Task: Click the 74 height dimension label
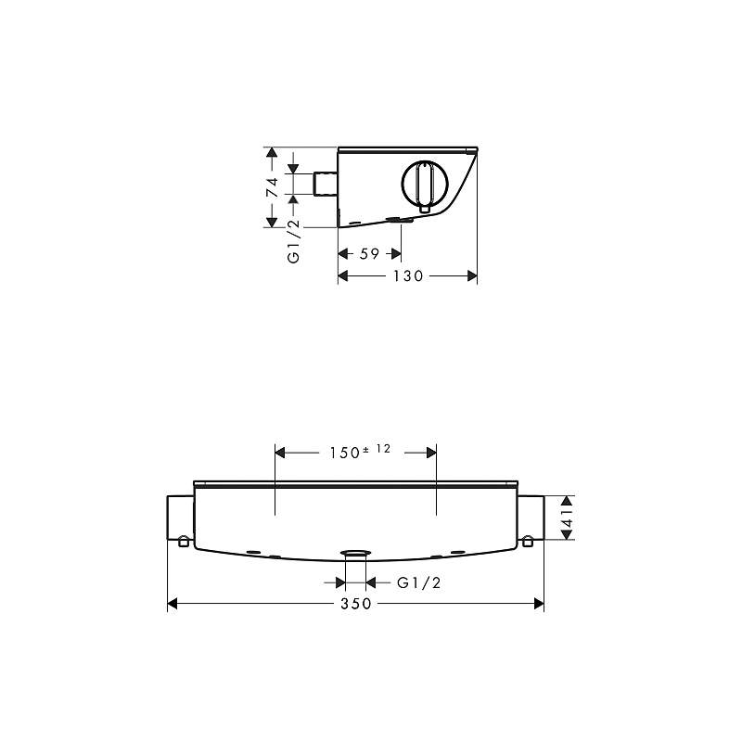(272, 187)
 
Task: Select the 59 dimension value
(369, 254)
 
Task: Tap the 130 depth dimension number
(408, 275)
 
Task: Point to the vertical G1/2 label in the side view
(294, 241)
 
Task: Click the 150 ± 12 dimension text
(360, 452)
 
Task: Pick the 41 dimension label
(568, 518)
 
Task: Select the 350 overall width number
(356, 604)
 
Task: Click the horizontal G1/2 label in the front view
(419, 582)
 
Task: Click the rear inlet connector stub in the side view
(326, 184)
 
